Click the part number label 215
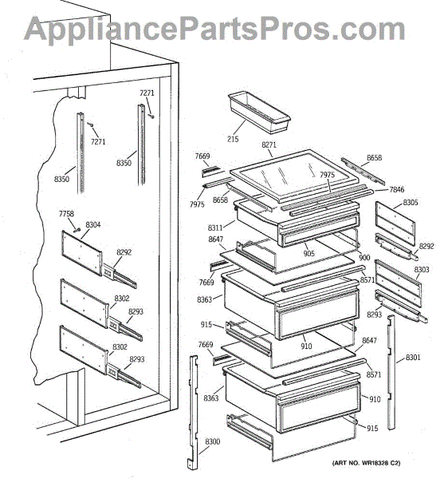point(233,139)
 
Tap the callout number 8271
point(269,144)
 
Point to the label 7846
point(397,190)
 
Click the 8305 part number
point(411,202)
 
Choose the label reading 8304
point(93,225)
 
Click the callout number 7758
point(66,213)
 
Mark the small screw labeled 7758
point(77,230)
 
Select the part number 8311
point(215,228)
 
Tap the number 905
point(309,253)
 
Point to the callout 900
point(364,258)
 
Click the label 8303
point(422,270)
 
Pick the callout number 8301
point(413,357)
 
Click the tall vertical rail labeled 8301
point(391,373)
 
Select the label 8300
point(213,441)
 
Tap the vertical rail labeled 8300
point(193,412)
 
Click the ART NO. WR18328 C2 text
point(366,463)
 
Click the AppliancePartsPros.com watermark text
point(214,29)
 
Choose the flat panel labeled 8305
point(395,224)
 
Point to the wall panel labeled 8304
point(82,253)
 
